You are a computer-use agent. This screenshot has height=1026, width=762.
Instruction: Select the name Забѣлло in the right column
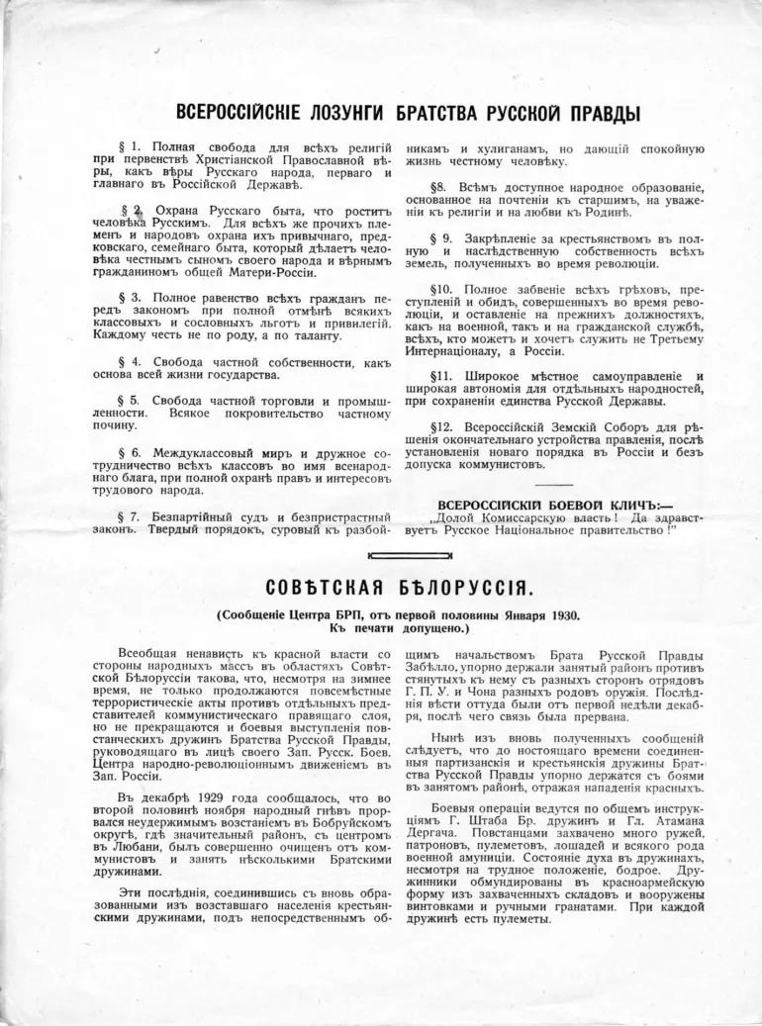424,669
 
